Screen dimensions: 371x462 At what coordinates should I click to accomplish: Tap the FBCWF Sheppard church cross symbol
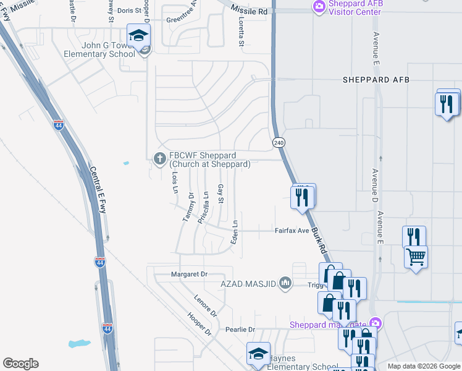[x=160, y=159]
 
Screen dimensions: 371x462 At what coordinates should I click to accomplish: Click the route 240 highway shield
[x=278, y=142]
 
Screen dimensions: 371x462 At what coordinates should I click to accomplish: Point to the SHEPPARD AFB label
[x=376, y=80]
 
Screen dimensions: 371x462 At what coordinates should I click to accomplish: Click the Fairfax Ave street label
[x=292, y=231]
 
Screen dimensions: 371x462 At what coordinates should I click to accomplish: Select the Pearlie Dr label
[x=240, y=330]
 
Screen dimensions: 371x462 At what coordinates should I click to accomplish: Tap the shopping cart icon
[x=416, y=256]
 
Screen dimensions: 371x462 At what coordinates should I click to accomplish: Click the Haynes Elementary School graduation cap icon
[x=258, y=354]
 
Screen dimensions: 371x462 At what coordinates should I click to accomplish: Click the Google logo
[x=20, y=364]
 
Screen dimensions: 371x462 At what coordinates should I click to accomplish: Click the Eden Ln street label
[x=235, y=232]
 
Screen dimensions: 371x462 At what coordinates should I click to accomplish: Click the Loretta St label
[x=241, y=32]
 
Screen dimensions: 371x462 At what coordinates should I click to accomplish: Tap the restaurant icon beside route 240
[x=303, y=197]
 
